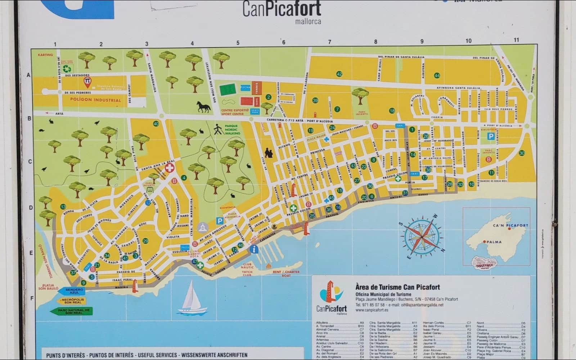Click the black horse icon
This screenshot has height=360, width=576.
click(203, 107)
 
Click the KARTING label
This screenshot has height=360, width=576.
click(45, 55)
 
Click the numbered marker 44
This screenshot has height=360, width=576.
click(437, 76)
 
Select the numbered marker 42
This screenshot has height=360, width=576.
click(339, 74)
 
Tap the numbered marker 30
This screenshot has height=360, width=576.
click(522, 153)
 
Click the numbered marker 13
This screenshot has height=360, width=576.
click(63, 207)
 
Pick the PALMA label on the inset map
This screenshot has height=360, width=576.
click(494, 242)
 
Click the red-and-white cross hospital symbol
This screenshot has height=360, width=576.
click(169, 168)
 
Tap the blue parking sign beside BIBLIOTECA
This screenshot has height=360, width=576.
click(491, 136)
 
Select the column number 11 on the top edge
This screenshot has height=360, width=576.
click(516, 40)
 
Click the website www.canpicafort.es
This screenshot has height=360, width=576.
click(372, 310)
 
